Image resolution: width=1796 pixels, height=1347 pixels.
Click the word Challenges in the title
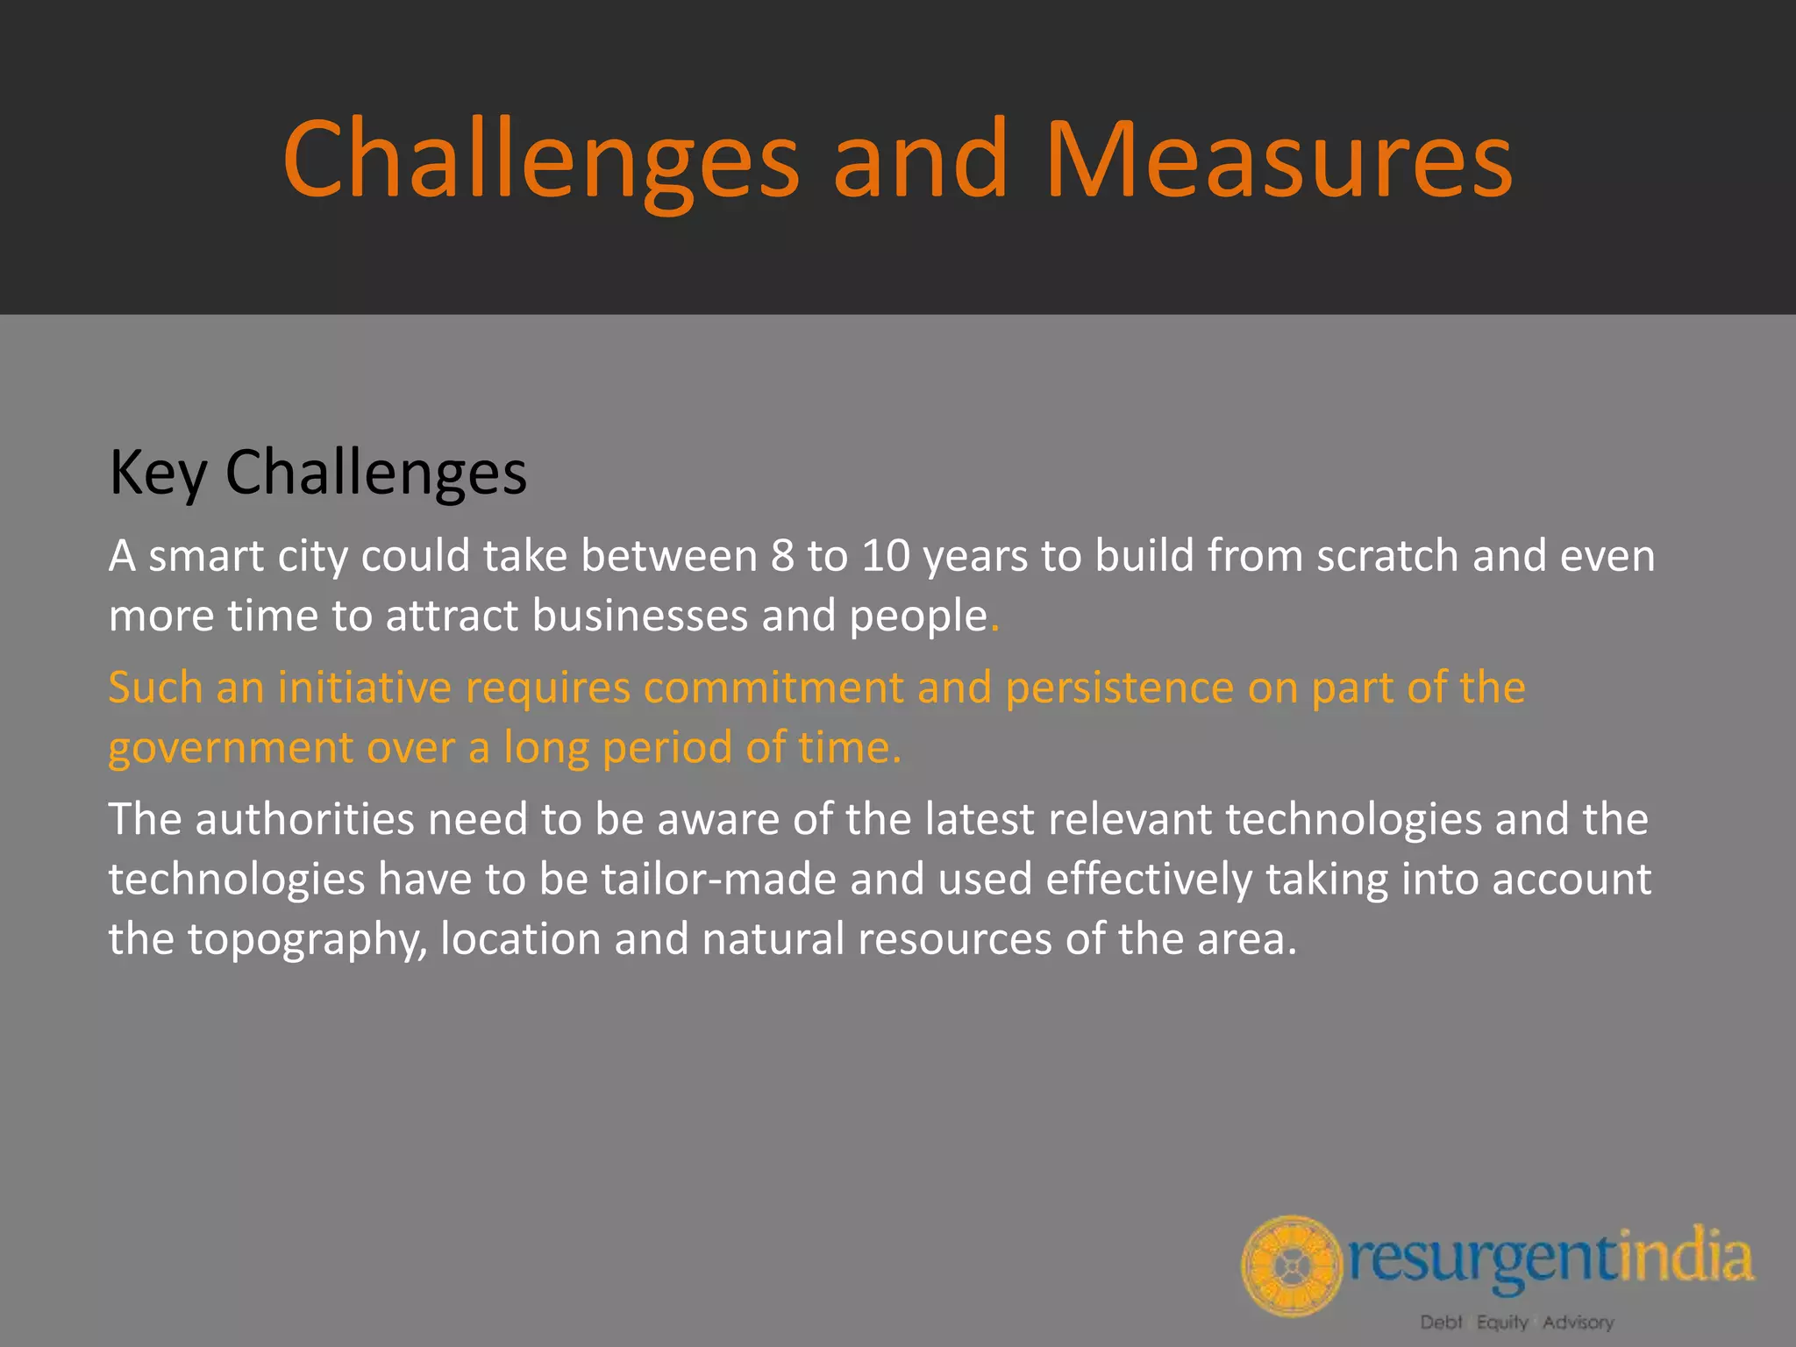[x=540, y=160]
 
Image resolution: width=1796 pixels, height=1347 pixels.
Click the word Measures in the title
[x=1279, y=160]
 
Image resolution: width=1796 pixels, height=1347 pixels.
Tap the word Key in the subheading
[x=158, y=474]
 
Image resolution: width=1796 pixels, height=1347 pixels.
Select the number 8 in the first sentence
[x=782, y=556]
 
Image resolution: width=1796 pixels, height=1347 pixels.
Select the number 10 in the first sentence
[x=886, y=556]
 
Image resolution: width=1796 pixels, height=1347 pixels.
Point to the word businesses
[x=640, y=616]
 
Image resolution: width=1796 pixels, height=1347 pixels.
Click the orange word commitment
[x=773, y=688]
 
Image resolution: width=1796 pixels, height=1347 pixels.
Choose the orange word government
[x=230, y=749]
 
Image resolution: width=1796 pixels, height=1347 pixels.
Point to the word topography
[x=307, y=940]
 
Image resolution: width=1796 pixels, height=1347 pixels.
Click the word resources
[x=954, y=939]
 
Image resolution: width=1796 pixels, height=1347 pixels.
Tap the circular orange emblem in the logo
[x=1291, y=1265]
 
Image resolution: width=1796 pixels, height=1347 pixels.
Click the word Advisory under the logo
[x=1578, y=1322]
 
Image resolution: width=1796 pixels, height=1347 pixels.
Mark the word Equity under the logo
[x=1502, y=1322]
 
